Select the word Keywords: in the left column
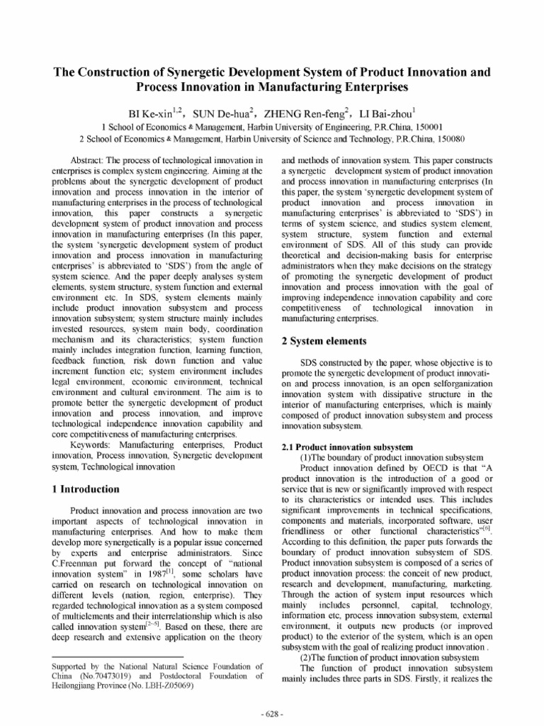coord(93,445)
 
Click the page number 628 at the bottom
coord(272,713)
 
